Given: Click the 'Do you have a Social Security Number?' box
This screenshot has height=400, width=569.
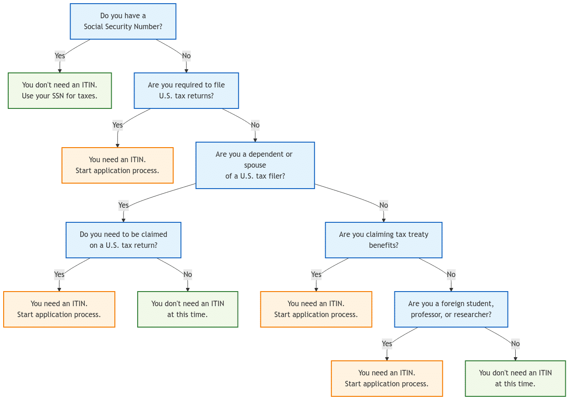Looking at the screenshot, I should click(123, 21).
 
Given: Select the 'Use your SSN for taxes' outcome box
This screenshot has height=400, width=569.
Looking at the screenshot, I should click(60, 91).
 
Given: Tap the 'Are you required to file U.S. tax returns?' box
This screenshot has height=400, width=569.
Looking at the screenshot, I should click(186, 91).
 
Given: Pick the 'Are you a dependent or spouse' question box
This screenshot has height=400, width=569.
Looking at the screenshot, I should click(255, 165).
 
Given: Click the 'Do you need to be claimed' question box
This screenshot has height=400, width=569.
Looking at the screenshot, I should click(123, 240).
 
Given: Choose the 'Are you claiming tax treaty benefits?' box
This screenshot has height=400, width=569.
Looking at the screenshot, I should click(383, 240).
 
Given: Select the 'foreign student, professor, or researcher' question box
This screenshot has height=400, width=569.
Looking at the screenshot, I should click(451, 309).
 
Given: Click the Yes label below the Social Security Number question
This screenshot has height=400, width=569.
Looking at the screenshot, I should click(60, 56).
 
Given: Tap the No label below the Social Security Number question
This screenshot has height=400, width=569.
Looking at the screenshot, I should click(186, 56).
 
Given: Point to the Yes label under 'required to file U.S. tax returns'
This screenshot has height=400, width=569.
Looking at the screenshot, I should click(118, 125).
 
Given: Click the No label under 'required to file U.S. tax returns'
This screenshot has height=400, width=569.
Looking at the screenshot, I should click(255, 125).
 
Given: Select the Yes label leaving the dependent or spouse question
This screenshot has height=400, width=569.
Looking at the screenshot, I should click(123, 205).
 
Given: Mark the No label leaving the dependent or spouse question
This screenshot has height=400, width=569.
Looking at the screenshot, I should click(383, 205).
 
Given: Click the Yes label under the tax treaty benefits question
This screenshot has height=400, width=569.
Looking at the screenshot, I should click(316, 275).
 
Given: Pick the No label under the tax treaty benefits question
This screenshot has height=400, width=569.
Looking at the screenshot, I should click(451, 275).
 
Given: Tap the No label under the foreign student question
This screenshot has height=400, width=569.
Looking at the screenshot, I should click(515, 344).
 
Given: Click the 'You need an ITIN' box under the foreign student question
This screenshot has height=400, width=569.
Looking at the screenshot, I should click(387, 379).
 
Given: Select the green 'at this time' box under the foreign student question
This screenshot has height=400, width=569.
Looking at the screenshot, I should click(515, 379).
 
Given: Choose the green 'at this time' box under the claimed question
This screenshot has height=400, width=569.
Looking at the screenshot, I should click(187, 309).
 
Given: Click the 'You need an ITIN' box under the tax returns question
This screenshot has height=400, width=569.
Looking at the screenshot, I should click(118, 165).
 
